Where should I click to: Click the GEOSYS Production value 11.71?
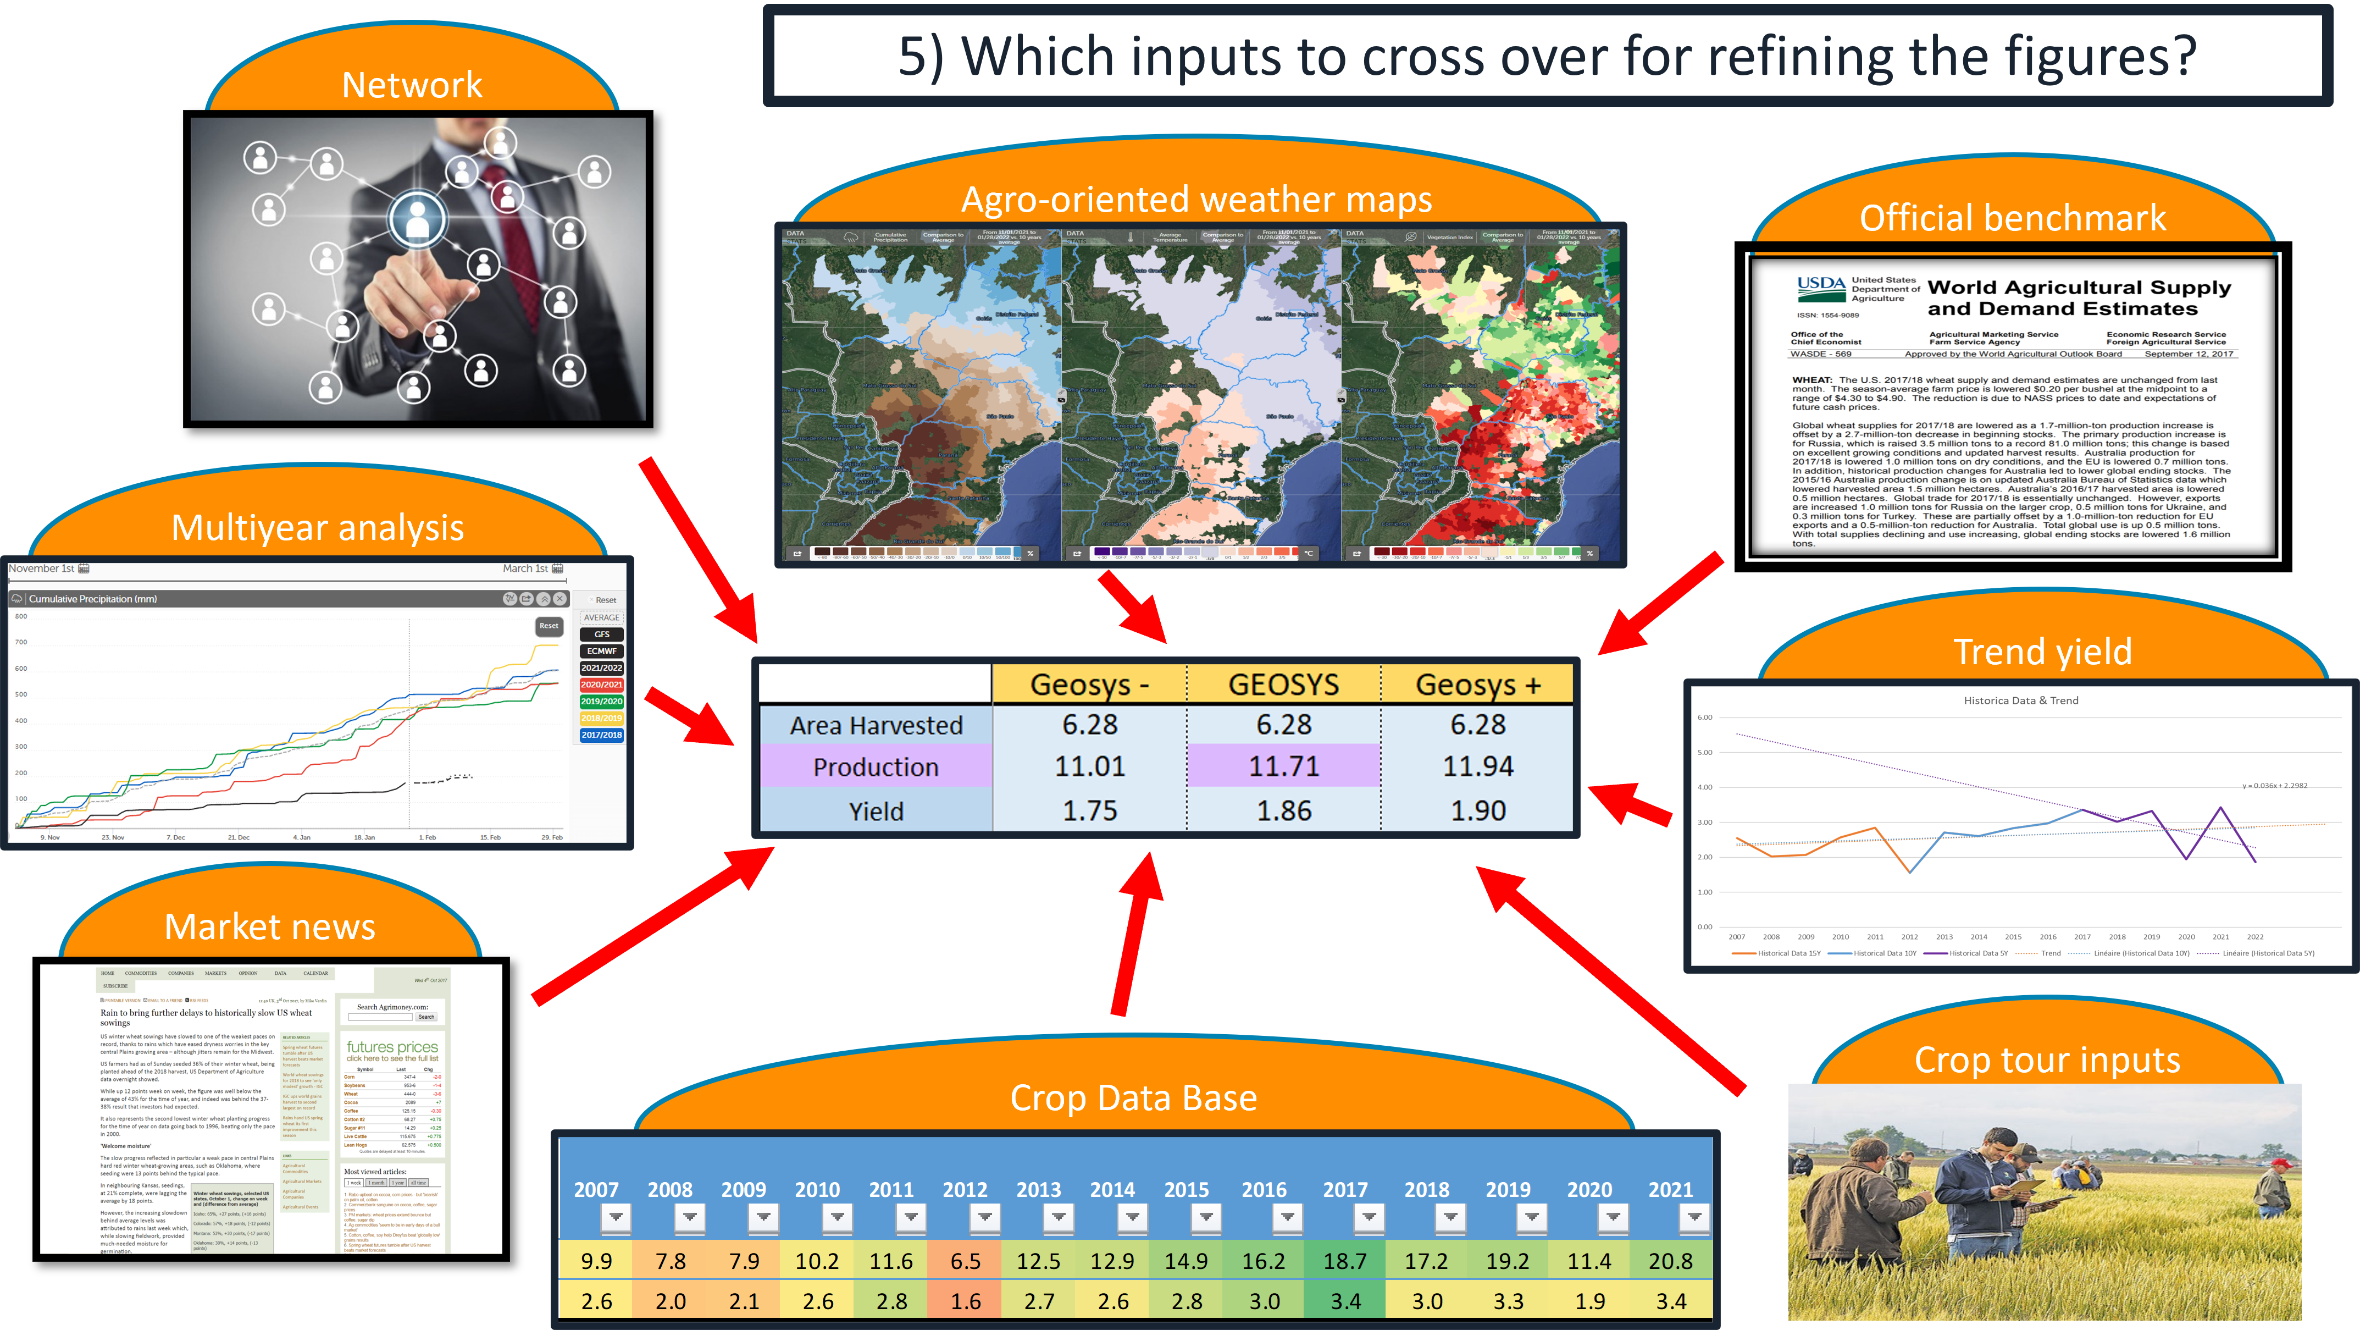[x=1283, y=766]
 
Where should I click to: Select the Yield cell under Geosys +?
[x=1478, y=811]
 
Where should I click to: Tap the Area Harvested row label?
[x=876, y=725]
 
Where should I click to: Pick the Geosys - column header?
[x=1089, y=685]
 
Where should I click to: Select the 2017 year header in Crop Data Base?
[x=1345, y=1190]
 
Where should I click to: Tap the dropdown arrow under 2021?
[x=1694, y=1217]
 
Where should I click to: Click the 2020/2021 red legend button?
[x=601, y=685]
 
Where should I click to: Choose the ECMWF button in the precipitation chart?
[x=601, y=651]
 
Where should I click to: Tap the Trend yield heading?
[x=2042, y=652]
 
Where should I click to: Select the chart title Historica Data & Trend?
[x=2020, y=700]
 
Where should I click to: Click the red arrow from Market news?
[x=651, y=926]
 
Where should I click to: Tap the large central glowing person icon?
[x=417, y=218]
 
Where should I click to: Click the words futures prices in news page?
[x=392, y=1047]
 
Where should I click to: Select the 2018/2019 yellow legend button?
[x=601, y=718]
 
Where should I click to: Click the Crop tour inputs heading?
[x=2047, y=1061]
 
